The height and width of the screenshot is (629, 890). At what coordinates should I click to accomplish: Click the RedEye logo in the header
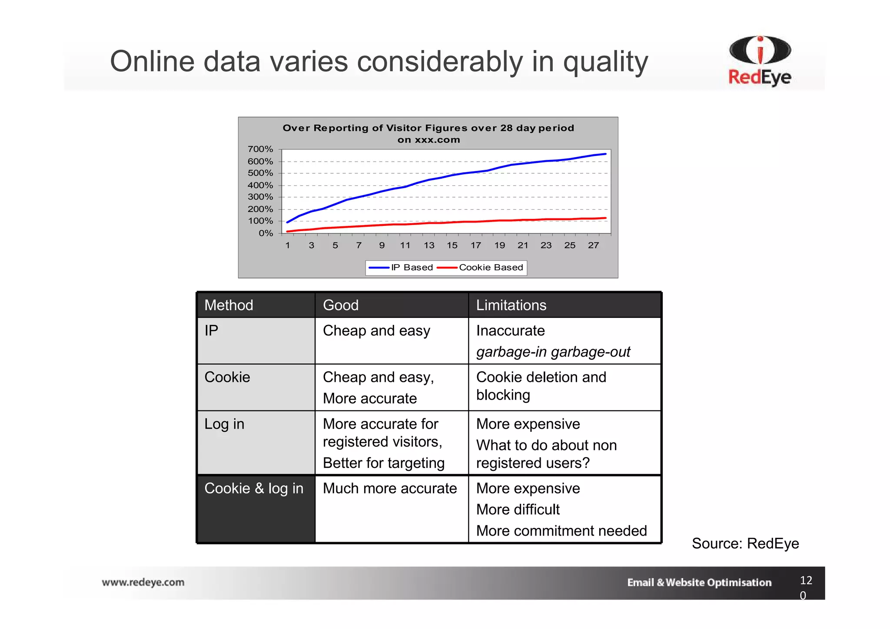click(760, 61)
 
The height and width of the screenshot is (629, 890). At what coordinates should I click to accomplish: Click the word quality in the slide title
click(605, 62)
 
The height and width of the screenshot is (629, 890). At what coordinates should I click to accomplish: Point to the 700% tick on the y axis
click(260, 149)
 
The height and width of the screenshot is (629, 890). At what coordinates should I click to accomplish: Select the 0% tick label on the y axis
click(266, 233)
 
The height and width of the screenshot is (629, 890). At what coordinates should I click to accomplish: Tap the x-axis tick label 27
click(593, 245)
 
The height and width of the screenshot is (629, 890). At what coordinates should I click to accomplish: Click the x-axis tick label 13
click(429, 245)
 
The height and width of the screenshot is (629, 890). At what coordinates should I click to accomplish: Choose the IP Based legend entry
click(402, 268)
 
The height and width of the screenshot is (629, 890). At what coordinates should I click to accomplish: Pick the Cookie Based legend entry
click(481, 268)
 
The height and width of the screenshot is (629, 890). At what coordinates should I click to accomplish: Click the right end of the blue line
click(605, 154)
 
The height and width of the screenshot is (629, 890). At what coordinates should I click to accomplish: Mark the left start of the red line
click(288, 231)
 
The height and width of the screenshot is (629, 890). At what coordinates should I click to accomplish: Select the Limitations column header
click(511, 305)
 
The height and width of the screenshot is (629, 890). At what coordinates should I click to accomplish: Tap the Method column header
click(229, 305)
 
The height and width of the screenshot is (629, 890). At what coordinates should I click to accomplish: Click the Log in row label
click(224, 424)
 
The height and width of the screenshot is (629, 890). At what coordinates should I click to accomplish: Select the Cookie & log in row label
click(254, 488)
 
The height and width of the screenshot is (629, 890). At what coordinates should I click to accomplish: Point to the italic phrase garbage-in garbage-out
click(553, 352)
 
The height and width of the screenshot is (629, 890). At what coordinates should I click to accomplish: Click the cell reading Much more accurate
click(390, 488)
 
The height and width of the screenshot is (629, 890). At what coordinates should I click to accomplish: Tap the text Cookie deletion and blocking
click(541, 386)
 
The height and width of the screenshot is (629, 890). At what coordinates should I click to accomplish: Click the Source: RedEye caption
click(745, 543)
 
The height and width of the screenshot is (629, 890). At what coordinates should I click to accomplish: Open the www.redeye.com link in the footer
click(143, 582)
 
